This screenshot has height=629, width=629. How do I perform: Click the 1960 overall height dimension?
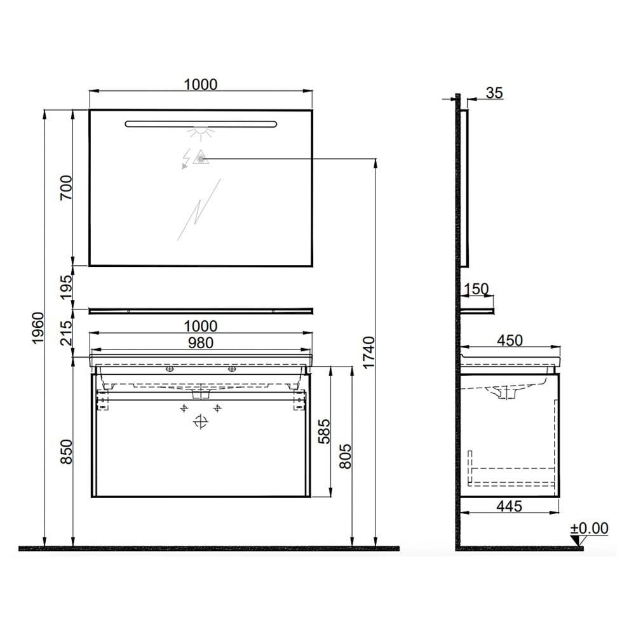point(37,328)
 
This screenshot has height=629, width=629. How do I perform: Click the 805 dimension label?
point(346,456)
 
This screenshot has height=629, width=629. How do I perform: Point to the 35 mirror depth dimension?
point(494,93)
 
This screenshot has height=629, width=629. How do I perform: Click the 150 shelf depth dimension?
point(476,290)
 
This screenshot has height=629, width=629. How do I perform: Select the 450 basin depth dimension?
point(510,341)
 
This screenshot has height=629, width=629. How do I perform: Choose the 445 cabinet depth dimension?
point(509,506)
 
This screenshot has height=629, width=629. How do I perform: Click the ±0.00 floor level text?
point(589,528)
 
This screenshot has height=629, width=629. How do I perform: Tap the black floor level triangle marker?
point(577,541)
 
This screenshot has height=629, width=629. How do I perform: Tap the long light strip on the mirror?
point(201,123)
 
